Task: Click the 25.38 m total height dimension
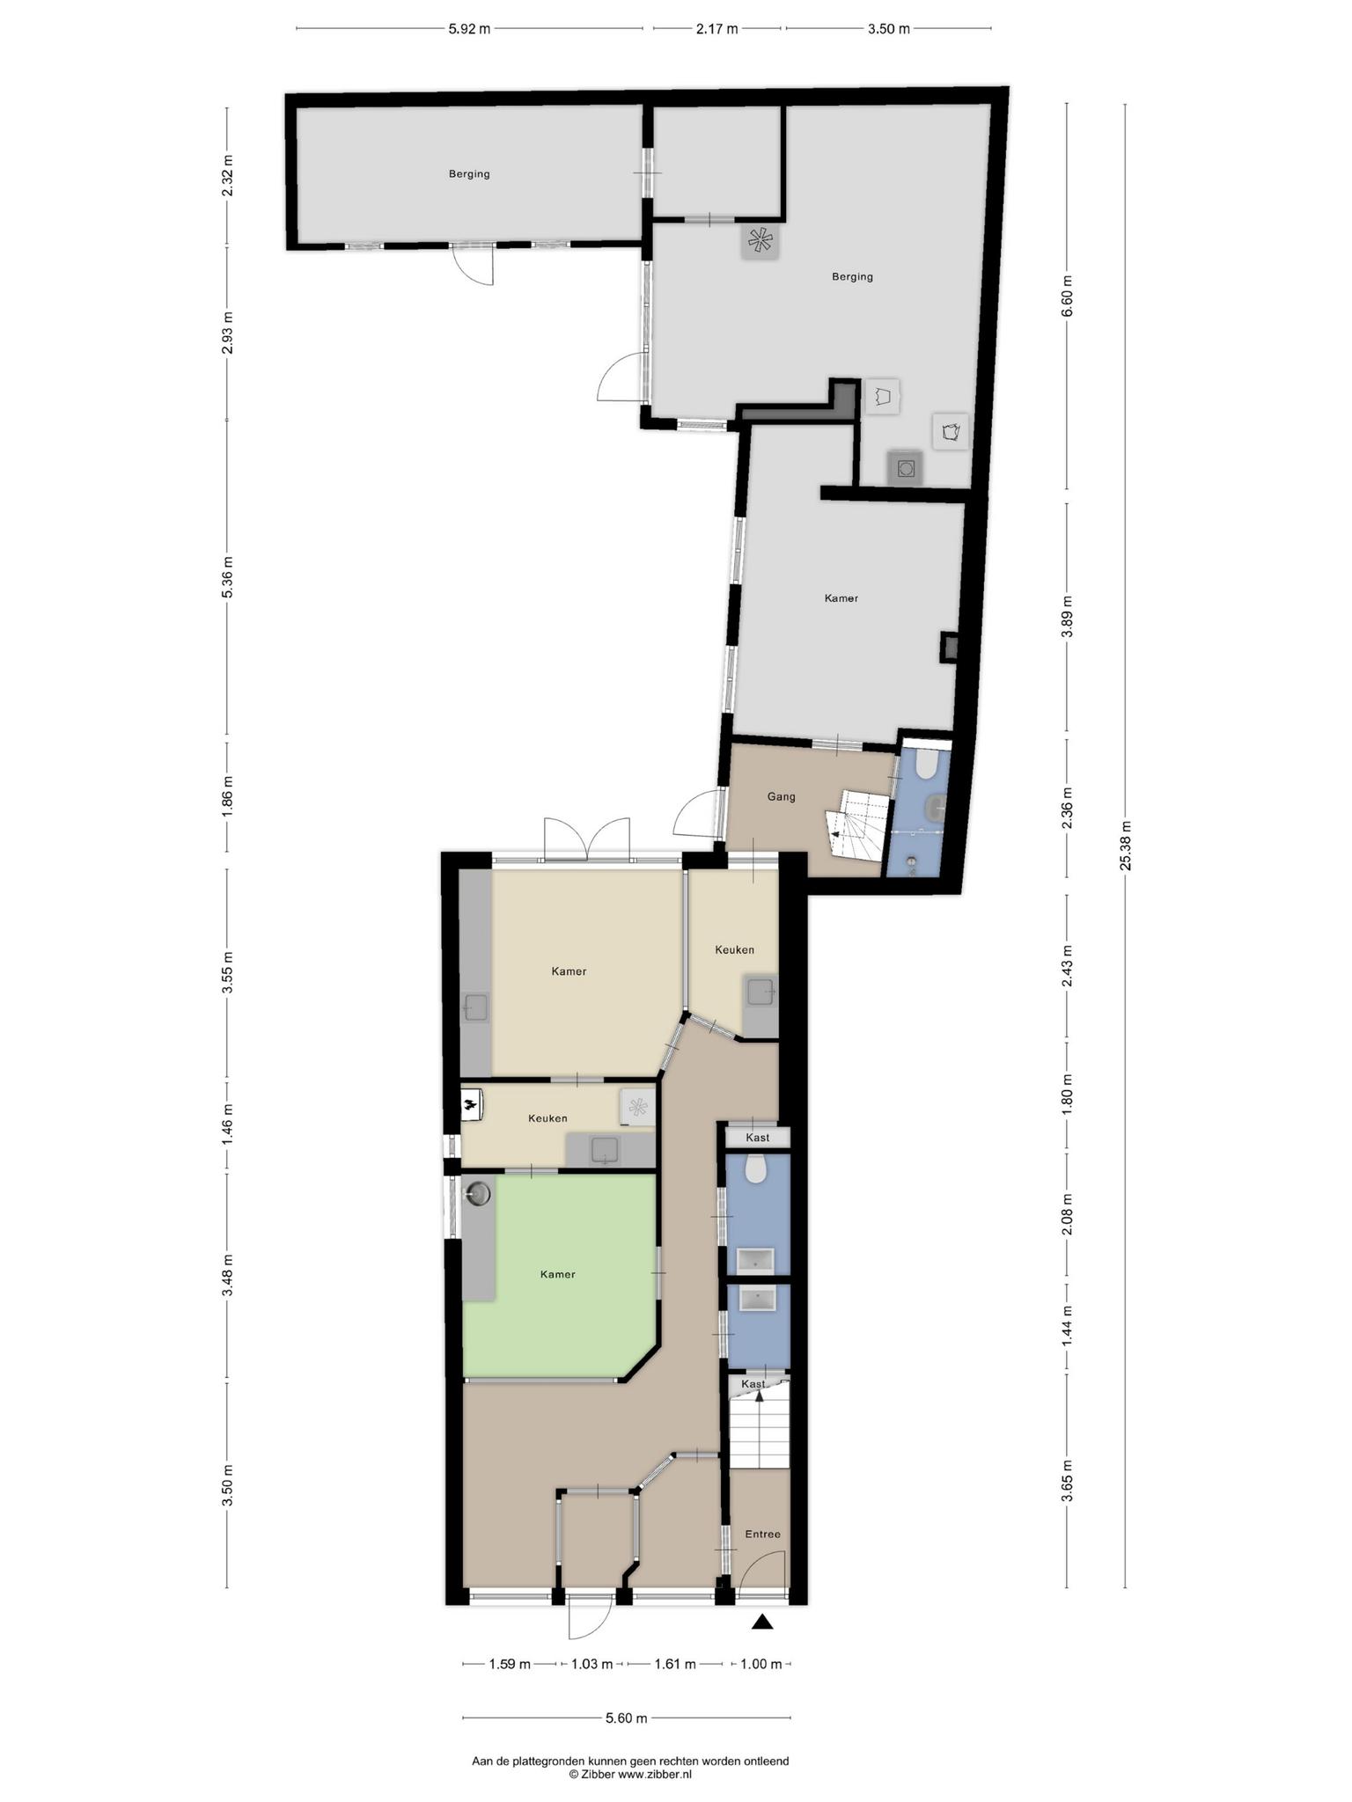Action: (1125, 845)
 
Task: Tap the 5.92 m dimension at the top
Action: (469, 29)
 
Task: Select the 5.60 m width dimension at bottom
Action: (626, 1718)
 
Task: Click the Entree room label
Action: (762, 1534)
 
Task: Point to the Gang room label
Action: (781, 796)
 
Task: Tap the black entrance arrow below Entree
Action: (762, 1622)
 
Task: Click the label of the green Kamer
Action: (558, 1274)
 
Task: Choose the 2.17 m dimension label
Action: (716, 29)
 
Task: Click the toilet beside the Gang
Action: (926, 763)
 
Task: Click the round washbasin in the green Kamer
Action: (479, 1193)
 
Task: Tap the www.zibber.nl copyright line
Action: (630, 1776)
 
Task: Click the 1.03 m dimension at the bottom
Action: (591, 1664)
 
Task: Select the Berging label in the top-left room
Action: (469, 173)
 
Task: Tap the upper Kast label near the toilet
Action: (757, 1138)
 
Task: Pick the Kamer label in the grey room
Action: (841, 598)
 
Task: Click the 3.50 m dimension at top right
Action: (889, 29)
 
